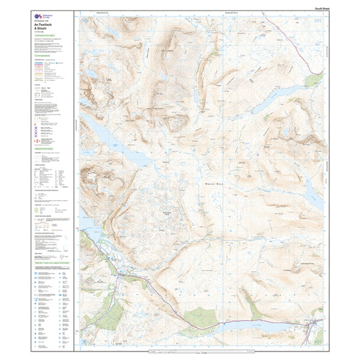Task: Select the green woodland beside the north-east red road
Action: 313,79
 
